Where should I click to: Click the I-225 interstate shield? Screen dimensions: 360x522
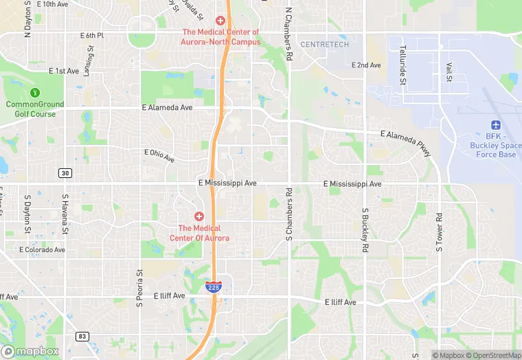(214, 286)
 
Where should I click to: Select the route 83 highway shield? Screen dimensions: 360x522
(82, 336)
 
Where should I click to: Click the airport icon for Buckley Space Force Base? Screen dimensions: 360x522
(495, 124)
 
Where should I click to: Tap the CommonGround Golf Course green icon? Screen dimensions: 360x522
(34, 92)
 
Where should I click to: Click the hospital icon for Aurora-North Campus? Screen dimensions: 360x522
(220, 21)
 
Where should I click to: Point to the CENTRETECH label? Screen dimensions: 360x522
(326, 45)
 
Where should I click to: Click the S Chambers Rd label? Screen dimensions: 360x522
(289, 214)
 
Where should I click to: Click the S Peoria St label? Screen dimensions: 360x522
(139, 283)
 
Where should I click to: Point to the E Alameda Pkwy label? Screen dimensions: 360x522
(407, 143)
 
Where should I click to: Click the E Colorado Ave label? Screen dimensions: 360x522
(42, 249)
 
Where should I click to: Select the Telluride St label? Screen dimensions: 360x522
(402, 66)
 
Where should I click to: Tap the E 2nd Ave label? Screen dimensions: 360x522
(365, 65)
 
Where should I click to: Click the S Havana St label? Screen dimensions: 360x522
(65, 214)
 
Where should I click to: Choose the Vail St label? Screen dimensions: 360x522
(449, 71)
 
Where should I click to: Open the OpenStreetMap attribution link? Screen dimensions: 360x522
(491, 355)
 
